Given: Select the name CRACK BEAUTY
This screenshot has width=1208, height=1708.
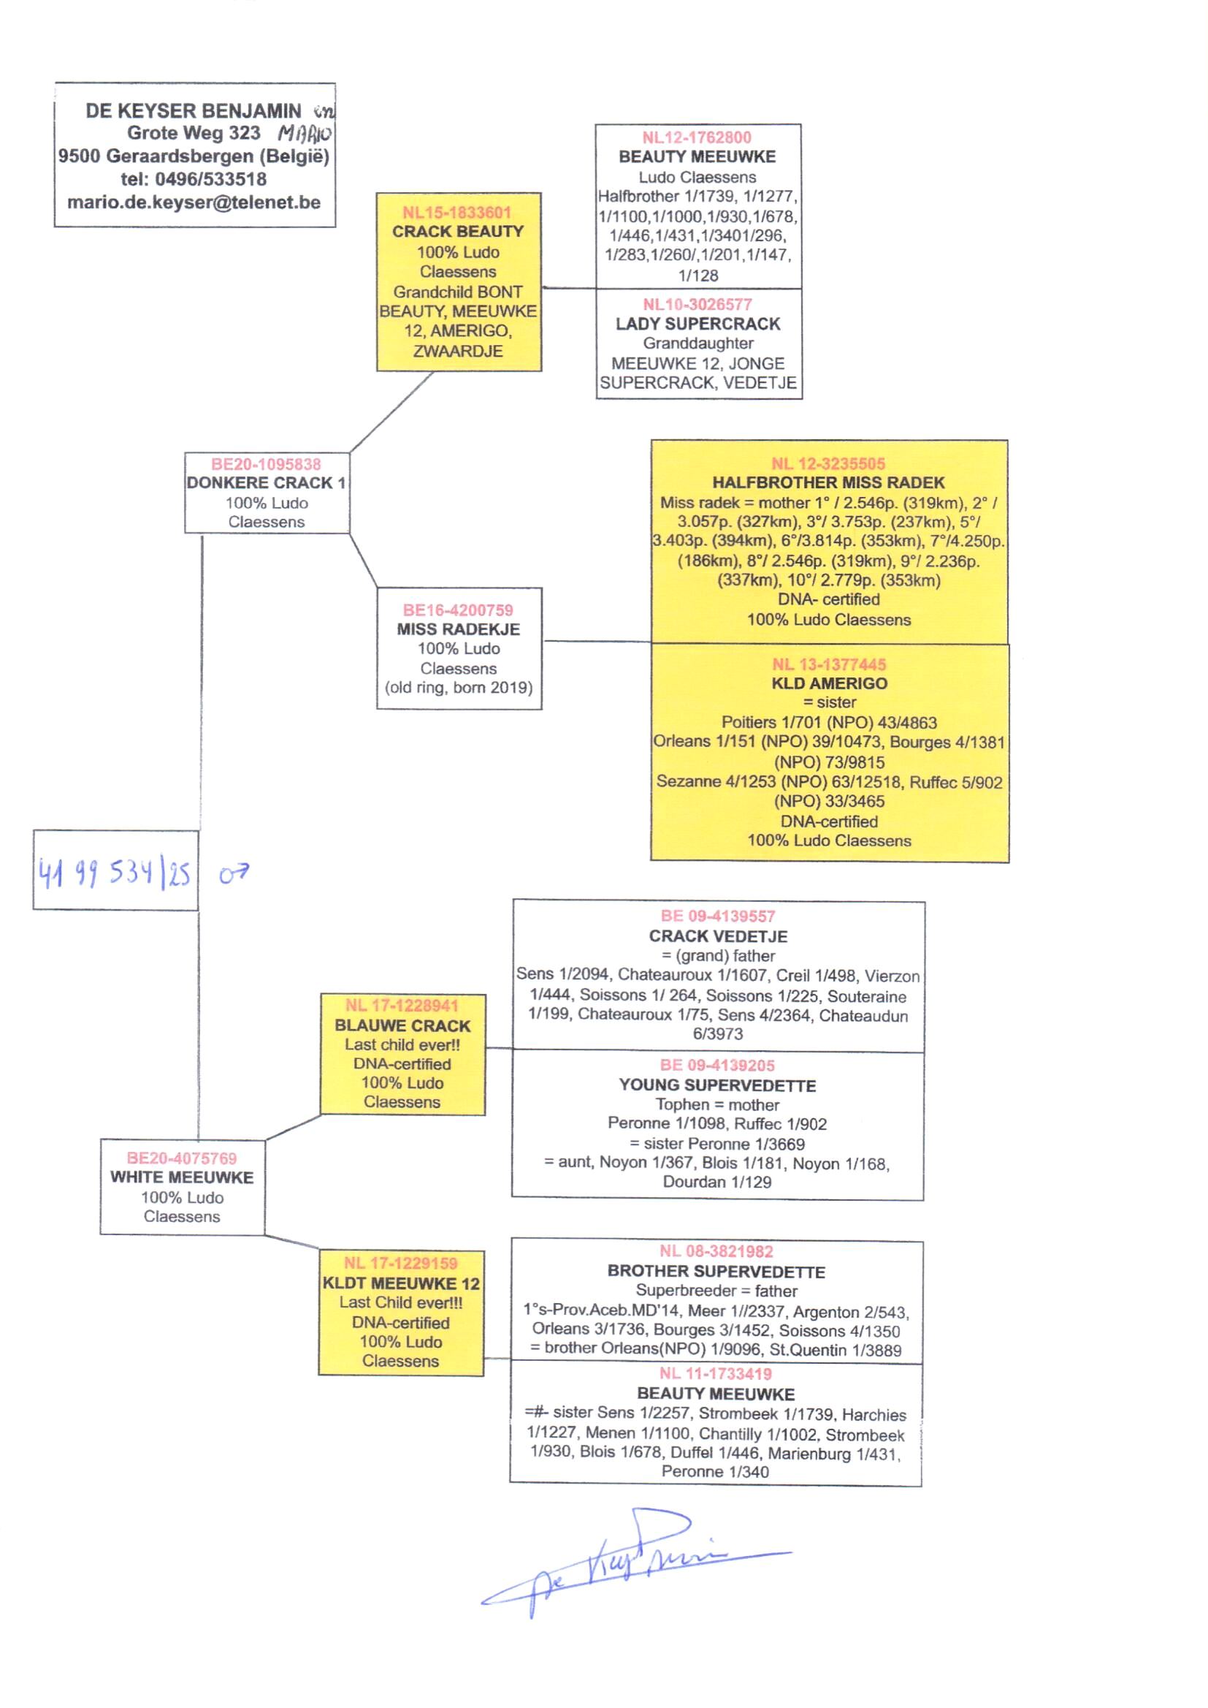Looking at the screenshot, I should [x=457, y=232].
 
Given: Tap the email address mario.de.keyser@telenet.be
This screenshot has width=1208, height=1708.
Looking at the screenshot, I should [x=194, y=202].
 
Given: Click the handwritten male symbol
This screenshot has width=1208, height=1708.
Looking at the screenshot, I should [x=234, y=873].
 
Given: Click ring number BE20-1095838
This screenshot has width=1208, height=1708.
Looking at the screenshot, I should [x=266, y=464].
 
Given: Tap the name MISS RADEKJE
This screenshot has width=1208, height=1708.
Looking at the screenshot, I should [x=458, y=629].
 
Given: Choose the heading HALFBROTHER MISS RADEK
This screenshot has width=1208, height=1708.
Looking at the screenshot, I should [x=828, y=483].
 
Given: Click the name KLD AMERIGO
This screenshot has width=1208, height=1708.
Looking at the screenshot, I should [x=829, y=684].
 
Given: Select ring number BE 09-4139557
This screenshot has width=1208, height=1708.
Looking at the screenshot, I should [x=717, y=917].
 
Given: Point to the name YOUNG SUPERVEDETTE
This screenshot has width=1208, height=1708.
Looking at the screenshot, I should [x=717, y=1086].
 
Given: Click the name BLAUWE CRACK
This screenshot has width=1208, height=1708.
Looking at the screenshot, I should [x=402, y=1025].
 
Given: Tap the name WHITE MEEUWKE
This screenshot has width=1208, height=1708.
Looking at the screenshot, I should [x=183, y=1177].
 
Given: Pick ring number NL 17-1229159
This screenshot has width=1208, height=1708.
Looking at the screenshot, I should [x=400, y=1263].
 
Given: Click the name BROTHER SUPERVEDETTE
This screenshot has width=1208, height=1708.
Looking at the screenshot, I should [x=716, y=1271].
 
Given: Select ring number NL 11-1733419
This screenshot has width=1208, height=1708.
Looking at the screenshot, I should [x=716, y=1374].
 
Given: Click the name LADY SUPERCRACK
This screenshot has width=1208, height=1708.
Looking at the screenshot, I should [x=697, y=324].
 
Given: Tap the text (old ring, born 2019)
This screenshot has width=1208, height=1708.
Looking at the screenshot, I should [x=458, y=688].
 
